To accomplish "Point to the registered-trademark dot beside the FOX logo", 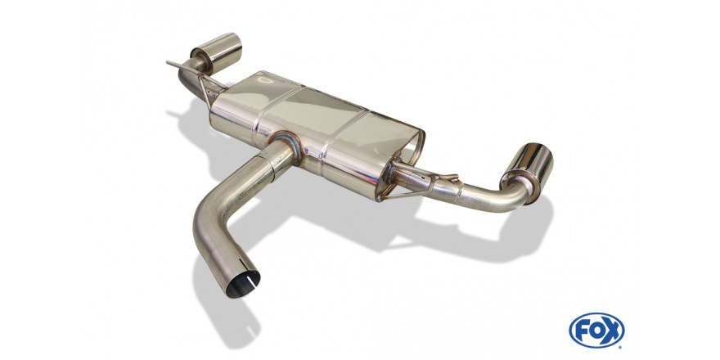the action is coord(620,346).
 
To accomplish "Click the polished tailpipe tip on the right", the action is coord(527,171).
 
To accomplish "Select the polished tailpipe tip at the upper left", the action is coord(217,52).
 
